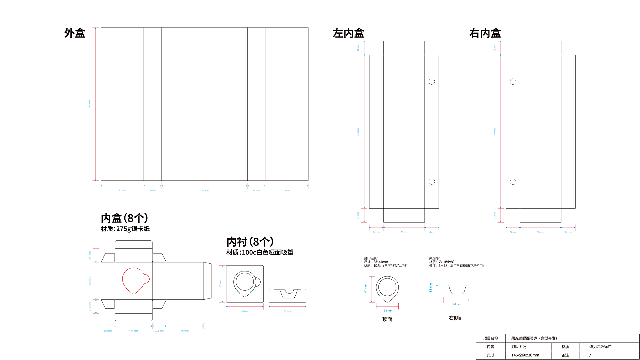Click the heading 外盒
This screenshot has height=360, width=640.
[x=75, y=33]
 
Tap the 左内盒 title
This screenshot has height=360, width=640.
[x=348, y=33]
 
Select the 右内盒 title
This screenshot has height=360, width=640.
[x=485, y=33]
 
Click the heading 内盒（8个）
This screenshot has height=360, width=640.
[x=124, y=218]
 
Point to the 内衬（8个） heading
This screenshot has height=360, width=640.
[x=250, y=242]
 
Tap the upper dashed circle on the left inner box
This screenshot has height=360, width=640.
[x=432, y=81]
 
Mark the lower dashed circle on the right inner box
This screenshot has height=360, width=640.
[x=513, y=182]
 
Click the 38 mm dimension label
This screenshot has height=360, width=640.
[x=388, y=310]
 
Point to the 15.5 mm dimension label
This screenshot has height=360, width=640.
[x=430, y=289]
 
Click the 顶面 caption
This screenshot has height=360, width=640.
[x=387, y=319]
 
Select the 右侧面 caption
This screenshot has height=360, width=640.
[x=456, y=318]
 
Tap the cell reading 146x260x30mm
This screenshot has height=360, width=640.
[x=525, y=355]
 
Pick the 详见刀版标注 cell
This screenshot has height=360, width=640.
[x=600, y=346]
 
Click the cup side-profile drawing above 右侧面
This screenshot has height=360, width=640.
[x=456, y=289]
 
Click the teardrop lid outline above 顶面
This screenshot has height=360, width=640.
[x=388, y=290]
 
